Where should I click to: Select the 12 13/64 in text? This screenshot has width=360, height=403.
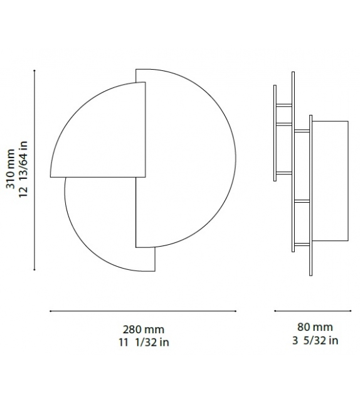24,168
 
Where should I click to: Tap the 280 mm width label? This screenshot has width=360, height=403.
143,330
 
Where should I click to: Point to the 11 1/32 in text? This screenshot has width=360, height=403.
143,342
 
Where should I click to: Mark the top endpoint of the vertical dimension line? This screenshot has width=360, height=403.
34,70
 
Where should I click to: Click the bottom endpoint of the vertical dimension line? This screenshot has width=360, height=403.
34,271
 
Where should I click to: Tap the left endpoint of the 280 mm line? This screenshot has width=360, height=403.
50,311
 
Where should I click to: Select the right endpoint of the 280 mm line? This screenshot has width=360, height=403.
236,311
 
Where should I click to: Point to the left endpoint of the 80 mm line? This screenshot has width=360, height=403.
275,311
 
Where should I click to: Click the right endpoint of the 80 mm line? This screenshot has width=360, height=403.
351,311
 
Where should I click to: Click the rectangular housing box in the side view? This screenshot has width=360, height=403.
331,181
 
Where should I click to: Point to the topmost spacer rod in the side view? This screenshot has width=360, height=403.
283,105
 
